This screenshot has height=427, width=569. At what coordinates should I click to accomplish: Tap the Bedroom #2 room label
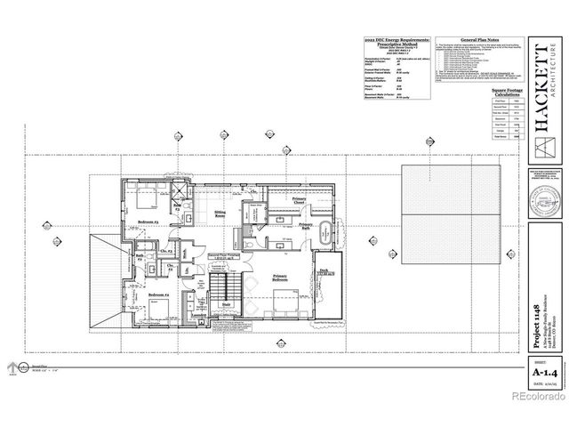click(x=158, y=294)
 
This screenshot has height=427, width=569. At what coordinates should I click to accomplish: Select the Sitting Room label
click(x=220, y=214)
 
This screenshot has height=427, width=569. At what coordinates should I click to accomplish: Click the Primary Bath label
click(x=305, y=228)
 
